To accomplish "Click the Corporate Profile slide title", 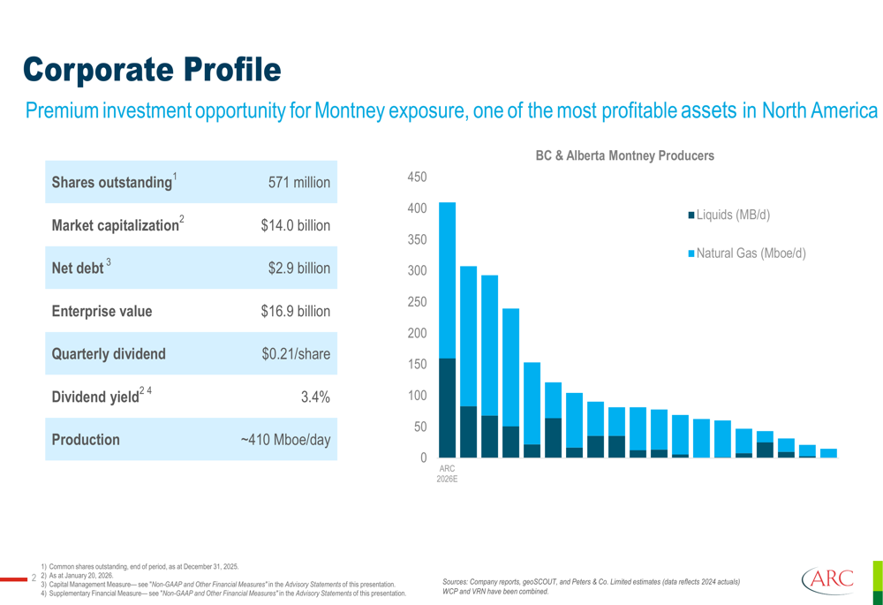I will click(151, 68).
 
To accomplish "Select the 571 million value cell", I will click(299, 183).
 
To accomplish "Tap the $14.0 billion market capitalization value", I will click(296, 226).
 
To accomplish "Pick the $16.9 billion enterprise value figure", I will click(296, 312).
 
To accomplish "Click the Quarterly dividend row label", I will click(109, 354).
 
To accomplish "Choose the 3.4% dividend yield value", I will click(315, 397).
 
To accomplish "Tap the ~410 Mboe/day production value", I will click(286, 440).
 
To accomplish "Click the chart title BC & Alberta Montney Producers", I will click(624, 155).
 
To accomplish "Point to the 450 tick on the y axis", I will click(417, 178).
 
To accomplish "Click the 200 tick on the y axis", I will click(417, 333).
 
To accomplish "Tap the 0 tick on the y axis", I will click(423, 458).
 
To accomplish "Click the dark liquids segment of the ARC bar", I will click(447, 407).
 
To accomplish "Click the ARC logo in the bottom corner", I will click(828, 580).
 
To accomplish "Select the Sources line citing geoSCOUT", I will click(591, 581).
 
